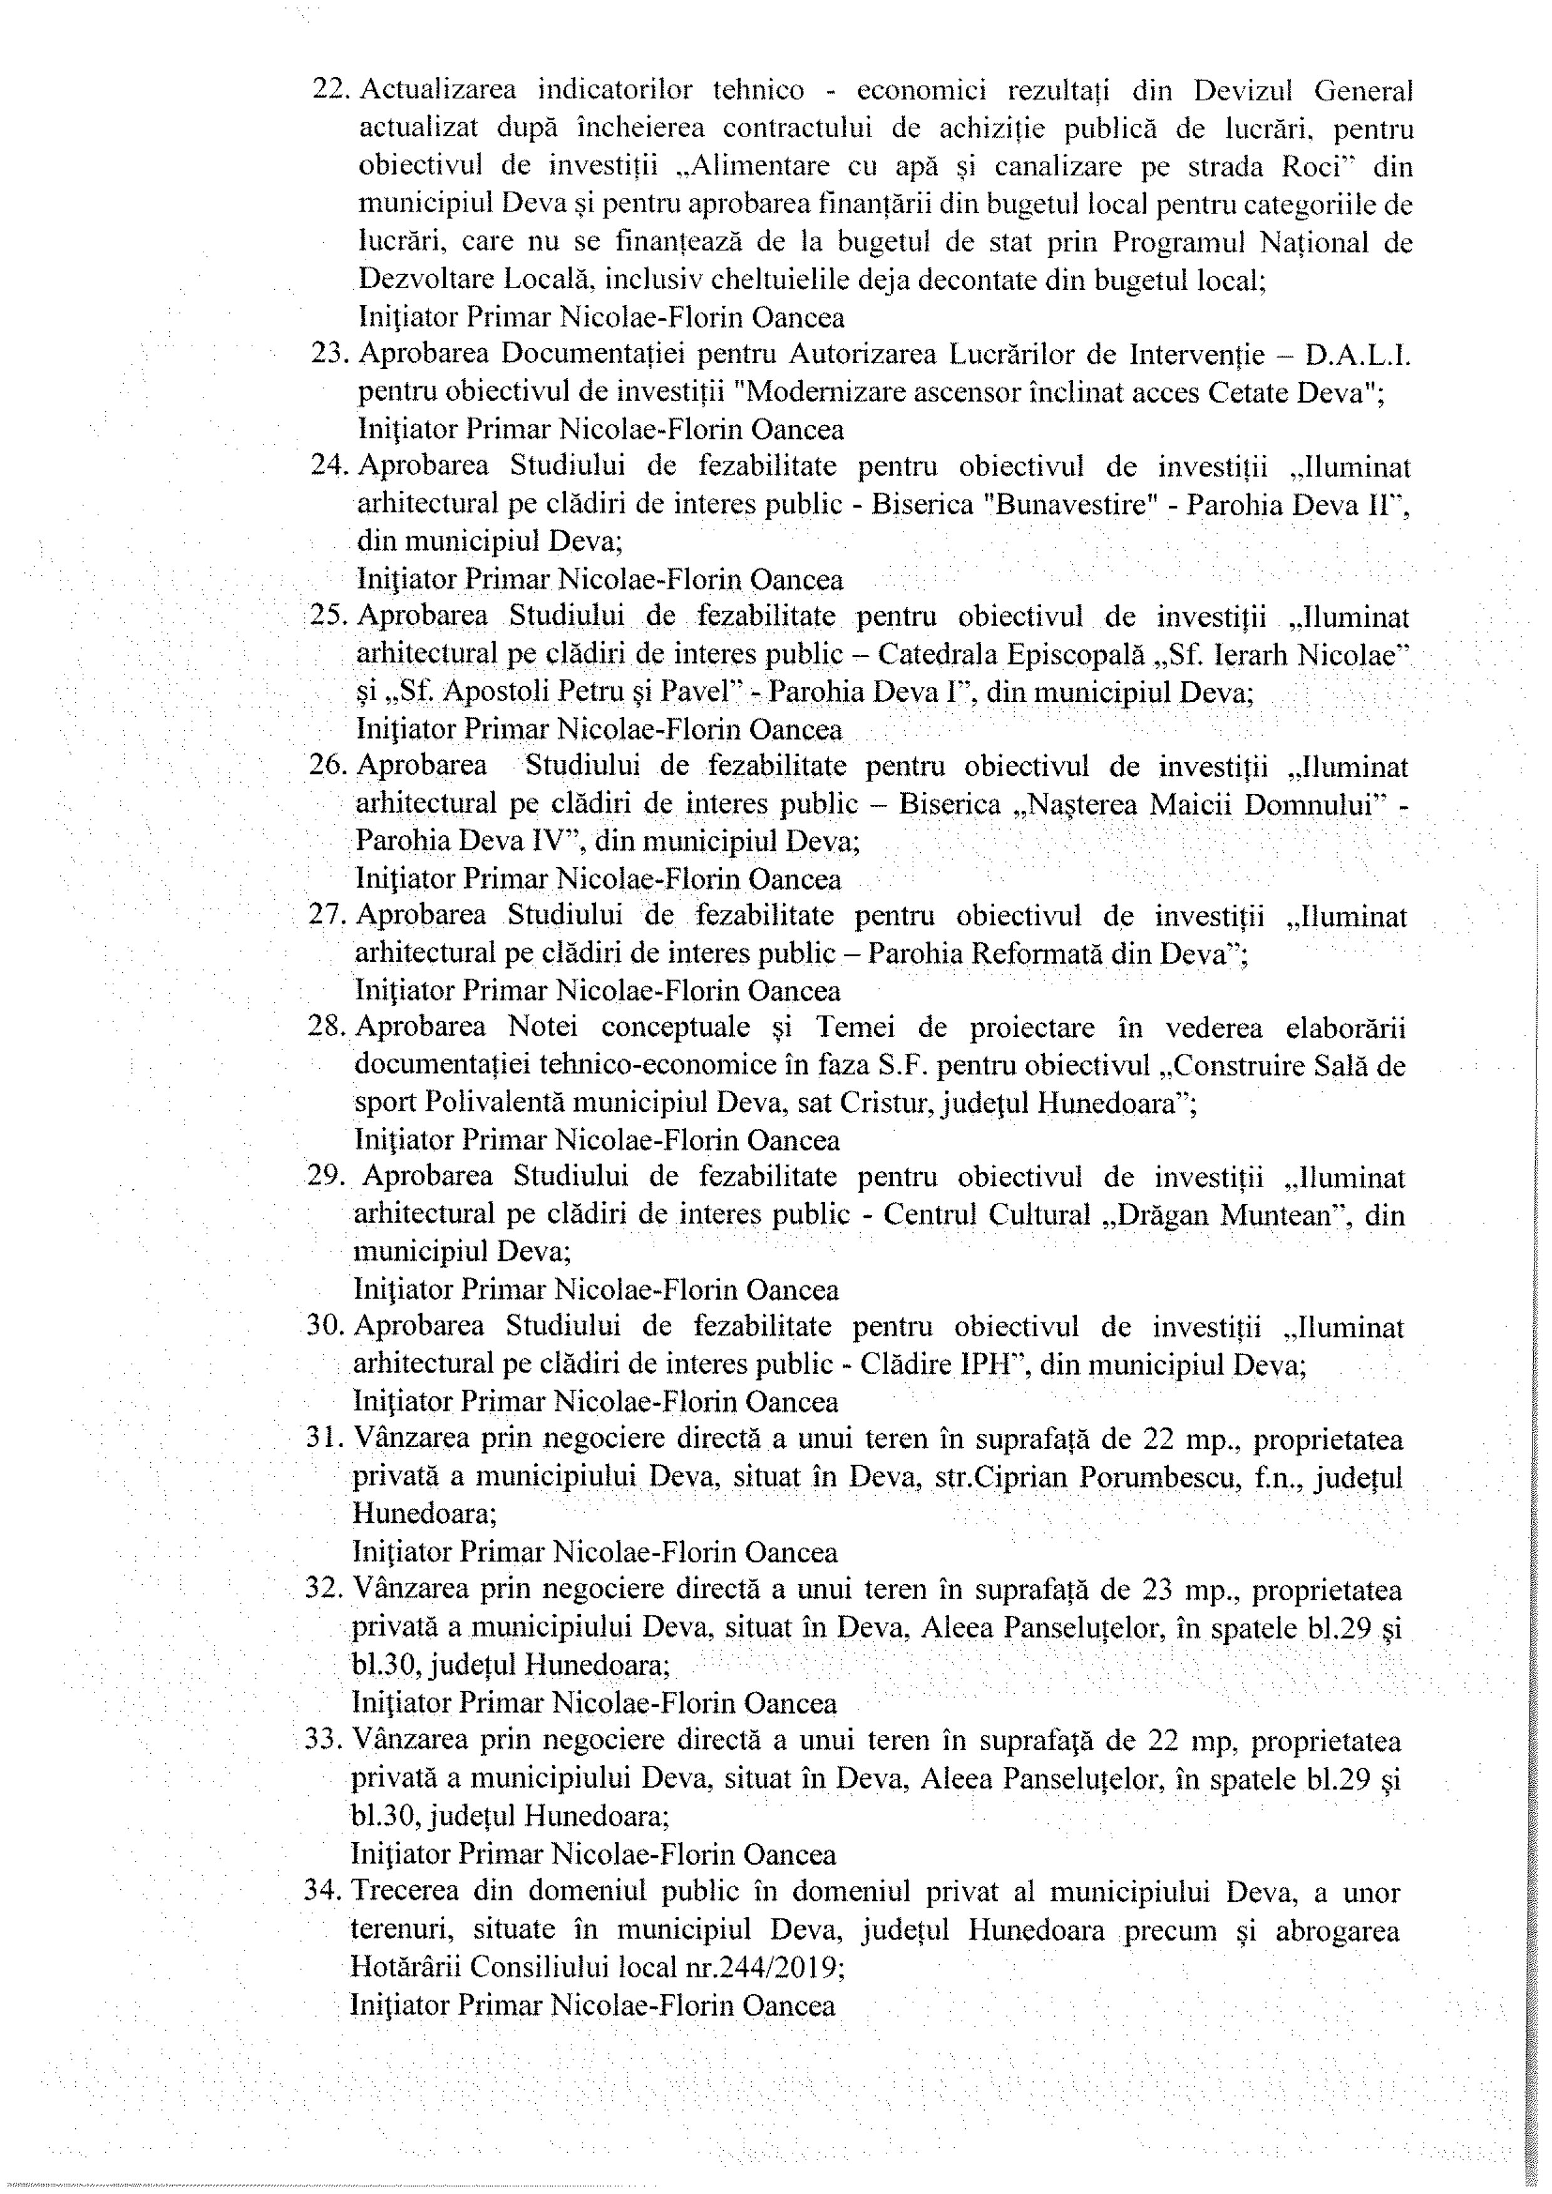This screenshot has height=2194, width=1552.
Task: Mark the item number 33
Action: tap(324, 1739)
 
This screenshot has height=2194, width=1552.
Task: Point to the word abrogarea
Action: tap(1337, 1927)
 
